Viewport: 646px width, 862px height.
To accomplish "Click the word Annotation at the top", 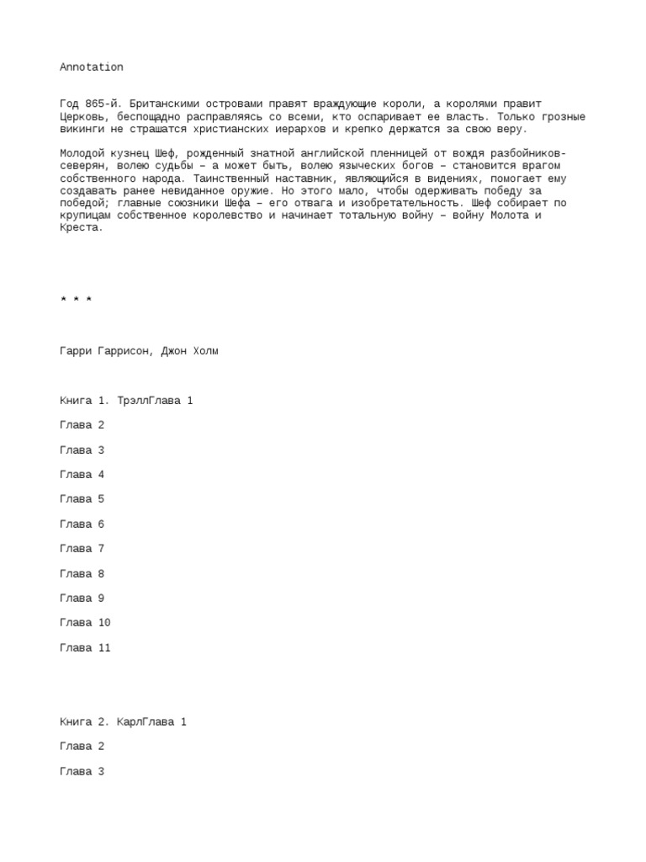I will (92, 67).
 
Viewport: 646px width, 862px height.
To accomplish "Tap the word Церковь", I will (82, 116).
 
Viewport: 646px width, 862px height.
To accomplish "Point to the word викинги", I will (82, 129).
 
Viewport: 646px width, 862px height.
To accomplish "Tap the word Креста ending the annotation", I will (80, 228).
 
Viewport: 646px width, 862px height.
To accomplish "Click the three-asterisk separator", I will (77, 301).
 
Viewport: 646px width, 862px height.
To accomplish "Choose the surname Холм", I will (203, 351).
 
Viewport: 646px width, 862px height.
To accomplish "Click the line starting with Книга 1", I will (126, 401).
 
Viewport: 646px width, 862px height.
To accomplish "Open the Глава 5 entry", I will (82, 499).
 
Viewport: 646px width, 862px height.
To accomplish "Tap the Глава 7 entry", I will (82, 549).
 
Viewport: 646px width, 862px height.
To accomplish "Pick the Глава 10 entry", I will (85, 623).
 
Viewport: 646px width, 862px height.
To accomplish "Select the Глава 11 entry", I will (85, 648).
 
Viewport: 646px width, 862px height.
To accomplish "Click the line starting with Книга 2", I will (123, 722).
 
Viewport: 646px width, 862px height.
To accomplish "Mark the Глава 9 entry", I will (82, 599).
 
